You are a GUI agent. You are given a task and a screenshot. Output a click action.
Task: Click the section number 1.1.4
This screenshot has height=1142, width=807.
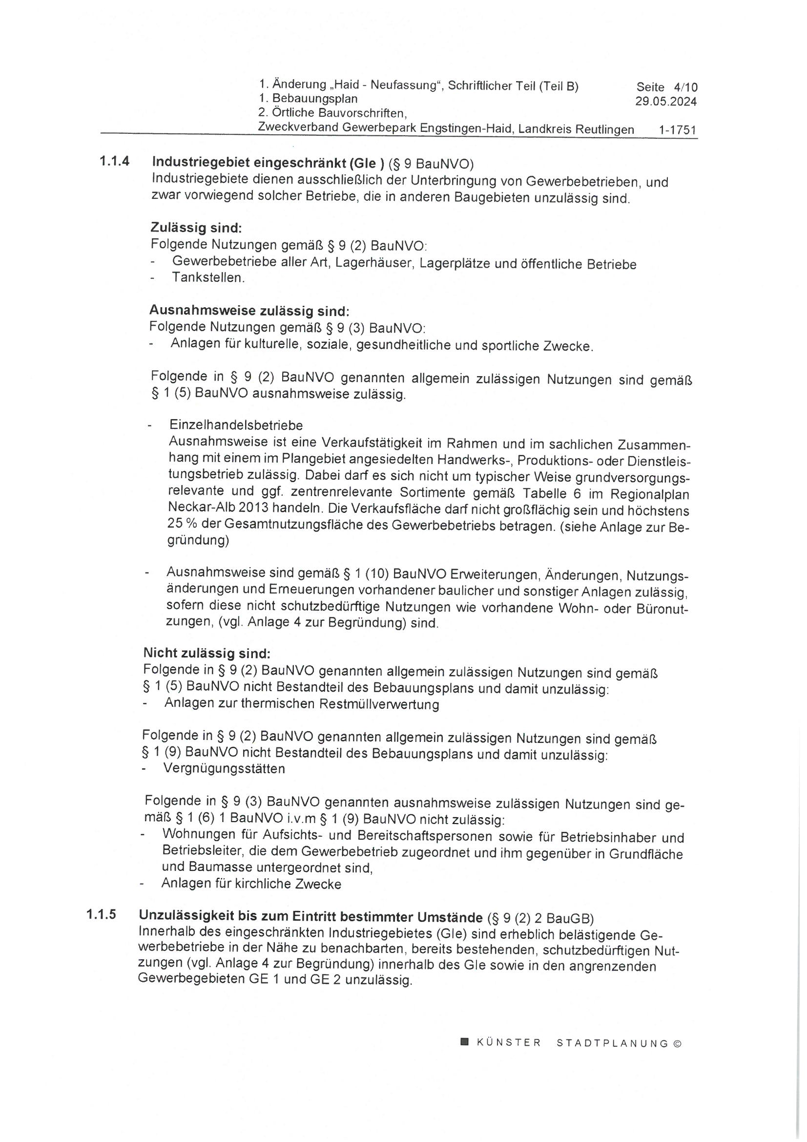114,162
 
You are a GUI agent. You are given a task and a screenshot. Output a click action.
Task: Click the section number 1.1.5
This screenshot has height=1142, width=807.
101,915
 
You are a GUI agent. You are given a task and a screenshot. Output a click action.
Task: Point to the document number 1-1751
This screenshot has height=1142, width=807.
677,130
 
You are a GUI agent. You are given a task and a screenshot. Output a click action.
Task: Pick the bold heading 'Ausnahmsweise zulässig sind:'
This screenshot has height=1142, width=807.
249,311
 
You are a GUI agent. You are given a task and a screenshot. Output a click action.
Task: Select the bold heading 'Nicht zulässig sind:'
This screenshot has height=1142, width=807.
207,653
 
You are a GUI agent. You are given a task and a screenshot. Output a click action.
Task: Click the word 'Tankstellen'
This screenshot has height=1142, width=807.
207,277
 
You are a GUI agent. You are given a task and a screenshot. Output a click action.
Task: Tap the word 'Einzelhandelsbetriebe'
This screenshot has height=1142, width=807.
236,425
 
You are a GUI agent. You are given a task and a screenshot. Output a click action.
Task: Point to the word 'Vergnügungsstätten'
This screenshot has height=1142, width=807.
224,768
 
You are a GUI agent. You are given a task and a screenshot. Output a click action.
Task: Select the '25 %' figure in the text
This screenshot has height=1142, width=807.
183,524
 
